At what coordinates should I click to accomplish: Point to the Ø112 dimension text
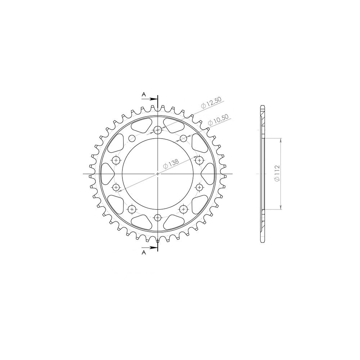pyautogui.click(x=276, y=174)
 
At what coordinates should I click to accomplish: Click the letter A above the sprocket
pyautogui.click(x=143, y=94)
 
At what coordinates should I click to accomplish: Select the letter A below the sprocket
pyautogui.click(x=143, y=253)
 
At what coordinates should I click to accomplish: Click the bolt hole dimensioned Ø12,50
pyautogui.click(x=158, y=130)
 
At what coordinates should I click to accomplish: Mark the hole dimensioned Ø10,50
pyautogui.click(x=183, y=138)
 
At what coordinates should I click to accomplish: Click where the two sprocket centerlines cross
pyautogui.click(x=158, y=174)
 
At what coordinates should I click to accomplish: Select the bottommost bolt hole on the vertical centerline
pyautogui.click(x=158, y=217)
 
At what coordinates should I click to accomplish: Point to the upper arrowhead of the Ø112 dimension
pyautogui.click(x=281, y=140)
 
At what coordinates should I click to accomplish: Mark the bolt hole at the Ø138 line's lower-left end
pyautogui.click(x=116, y=187)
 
